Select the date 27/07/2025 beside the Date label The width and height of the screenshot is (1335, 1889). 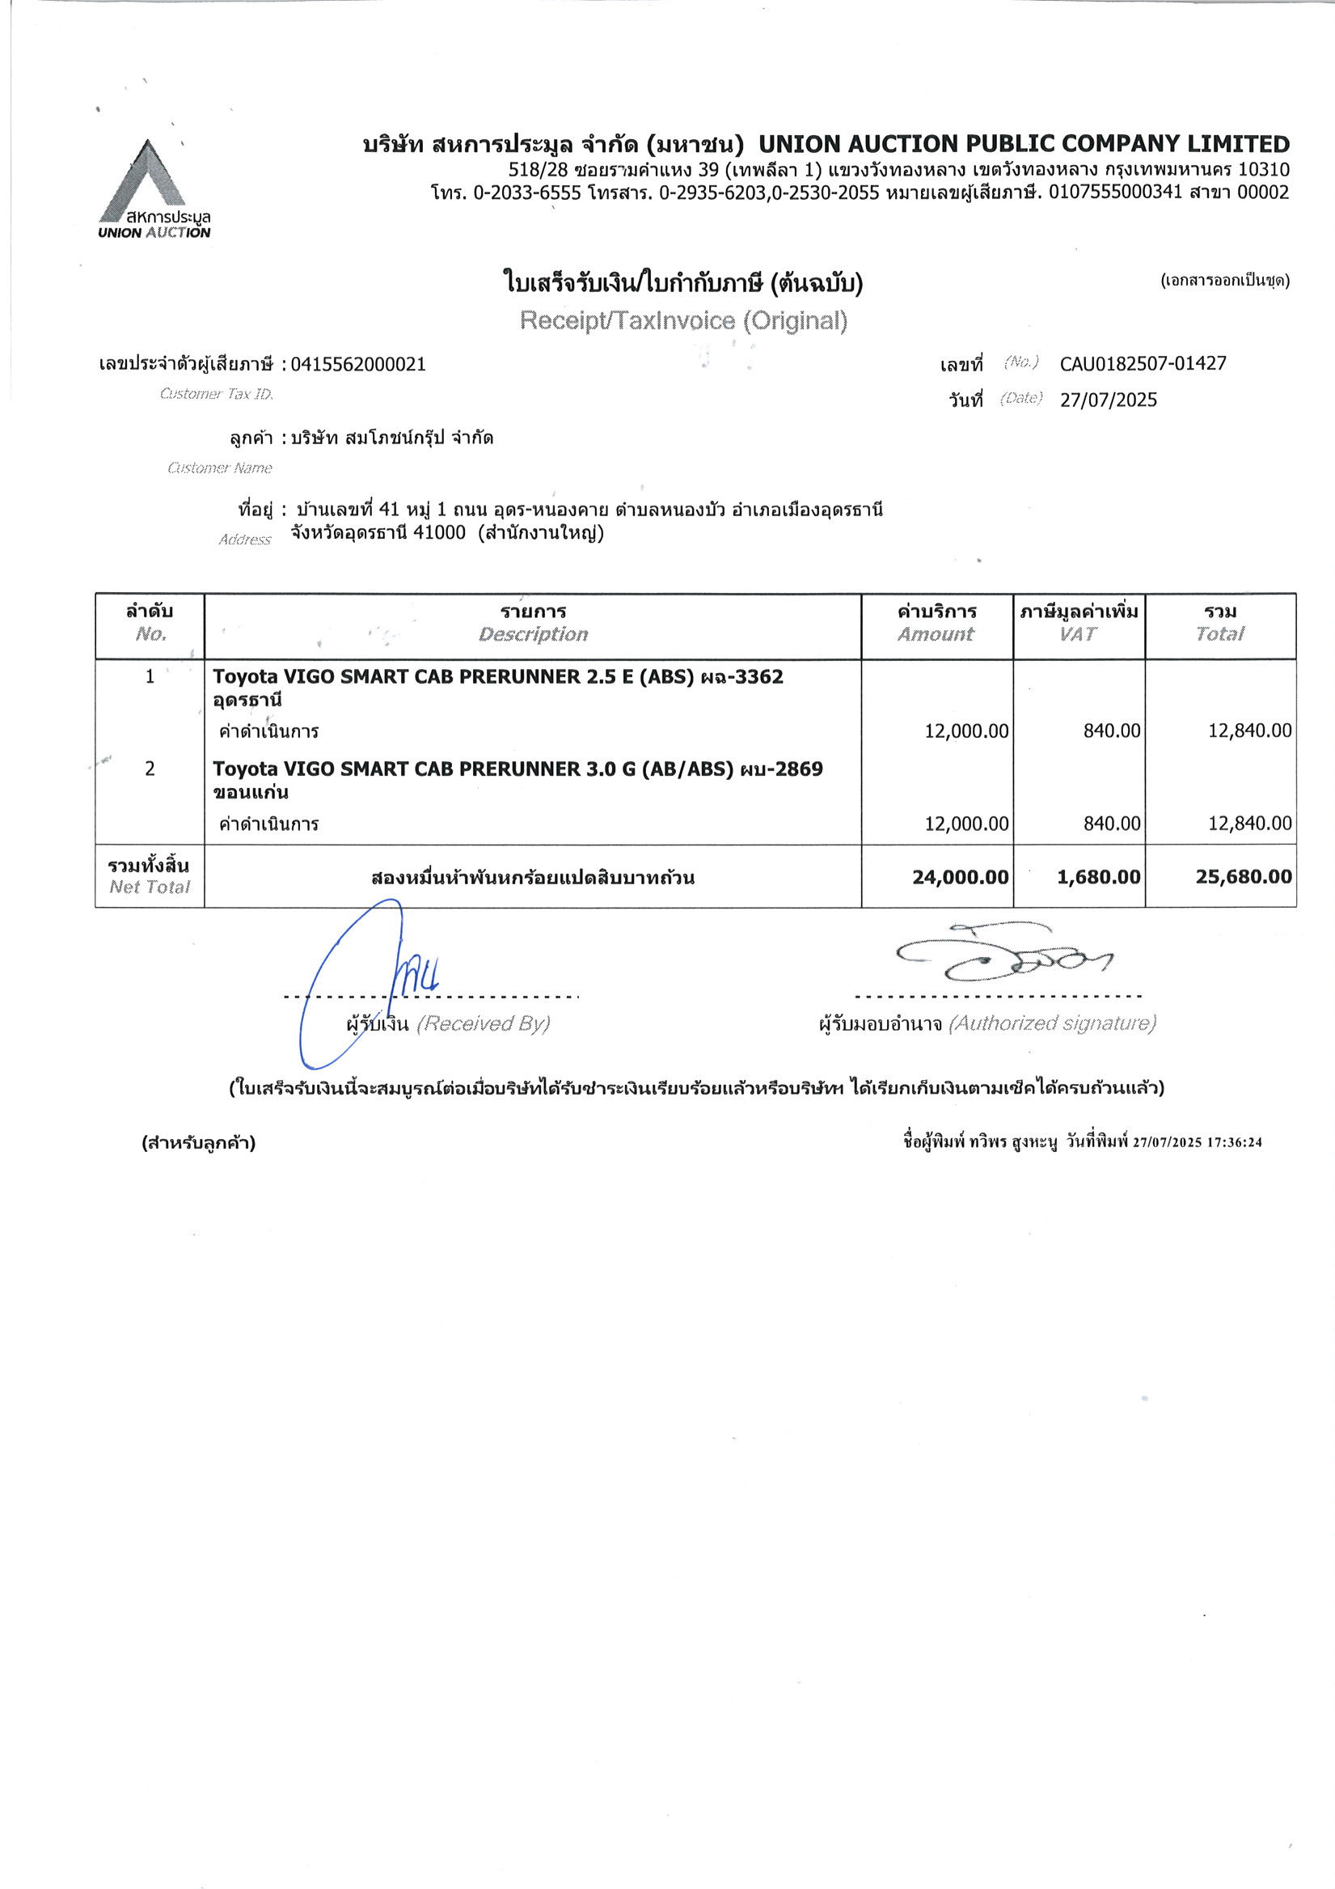coord(1108,400)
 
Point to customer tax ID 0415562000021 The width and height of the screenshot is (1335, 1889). coord(359,365)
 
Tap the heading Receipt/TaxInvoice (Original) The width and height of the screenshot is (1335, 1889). coord(682,321)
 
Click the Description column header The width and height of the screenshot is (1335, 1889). coord(533,633)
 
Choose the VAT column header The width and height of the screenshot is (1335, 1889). coord(1078,633)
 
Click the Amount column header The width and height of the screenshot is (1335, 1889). coord(936,633)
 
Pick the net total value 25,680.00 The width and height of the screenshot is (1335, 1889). coord(1243,877)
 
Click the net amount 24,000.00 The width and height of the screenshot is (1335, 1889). coord(960,877)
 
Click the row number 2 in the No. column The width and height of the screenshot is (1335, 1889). coord(150,769)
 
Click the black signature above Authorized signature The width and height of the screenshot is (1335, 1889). coord(1003,957)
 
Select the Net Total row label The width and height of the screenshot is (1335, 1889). coord(149,876)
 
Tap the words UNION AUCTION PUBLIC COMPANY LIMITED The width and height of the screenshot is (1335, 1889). coord(1023,145)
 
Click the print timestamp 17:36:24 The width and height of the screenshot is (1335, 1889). coord(1235,1142)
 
